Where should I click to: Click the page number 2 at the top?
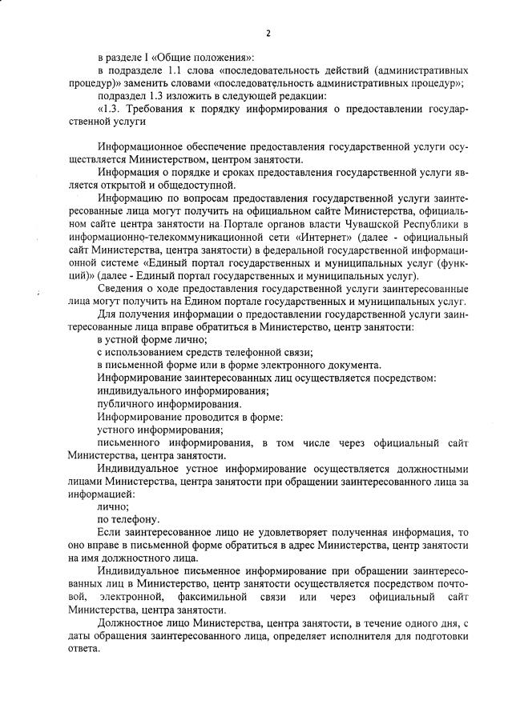268,33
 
